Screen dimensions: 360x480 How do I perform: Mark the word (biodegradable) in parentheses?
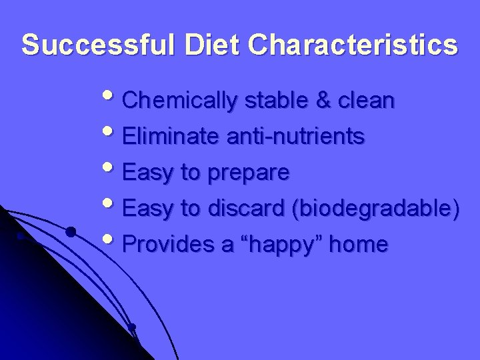375,209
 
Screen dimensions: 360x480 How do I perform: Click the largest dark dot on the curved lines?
70,232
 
